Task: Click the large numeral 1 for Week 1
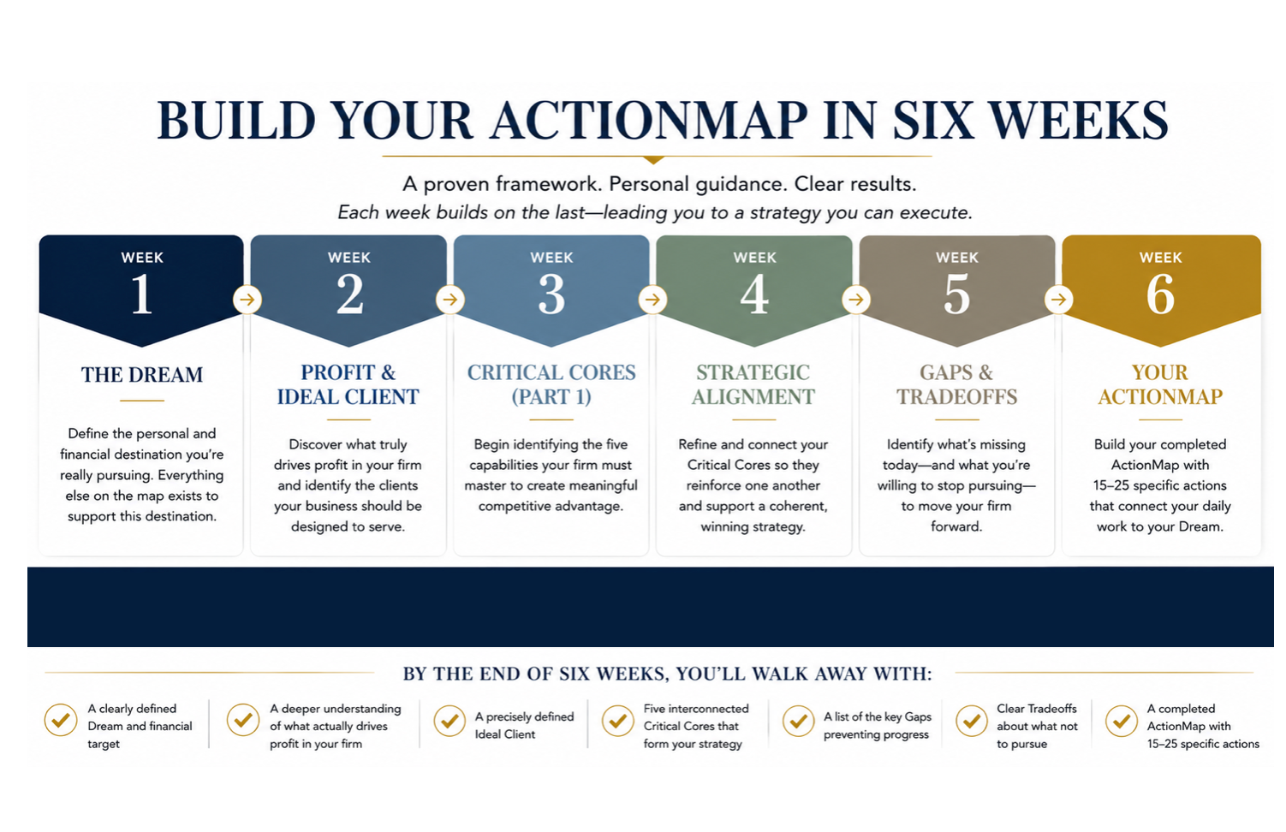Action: [142, 294]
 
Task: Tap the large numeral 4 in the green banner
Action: [753, 294]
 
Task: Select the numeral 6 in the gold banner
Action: [1160, 294]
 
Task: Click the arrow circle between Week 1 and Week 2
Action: [247, 300]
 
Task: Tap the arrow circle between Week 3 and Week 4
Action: [652, 300]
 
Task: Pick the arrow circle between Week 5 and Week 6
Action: [1058, 300]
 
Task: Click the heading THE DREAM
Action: [142, 375]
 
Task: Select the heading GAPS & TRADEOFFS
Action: [956, 384]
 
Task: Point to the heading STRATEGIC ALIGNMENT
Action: [753, 384]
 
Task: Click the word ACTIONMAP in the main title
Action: [649, 121]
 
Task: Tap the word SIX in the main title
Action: [933, 121]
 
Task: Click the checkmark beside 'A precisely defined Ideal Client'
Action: [450, 721]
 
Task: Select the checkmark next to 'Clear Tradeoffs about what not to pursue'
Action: [972, 721]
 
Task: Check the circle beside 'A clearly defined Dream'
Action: [61, 720]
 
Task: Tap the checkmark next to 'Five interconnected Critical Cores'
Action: [617, 721]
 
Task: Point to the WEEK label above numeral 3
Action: [551, 258]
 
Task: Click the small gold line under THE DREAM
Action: [142, 401]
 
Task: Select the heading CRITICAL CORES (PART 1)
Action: [551, 384]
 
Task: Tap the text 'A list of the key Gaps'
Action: [878, 716]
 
